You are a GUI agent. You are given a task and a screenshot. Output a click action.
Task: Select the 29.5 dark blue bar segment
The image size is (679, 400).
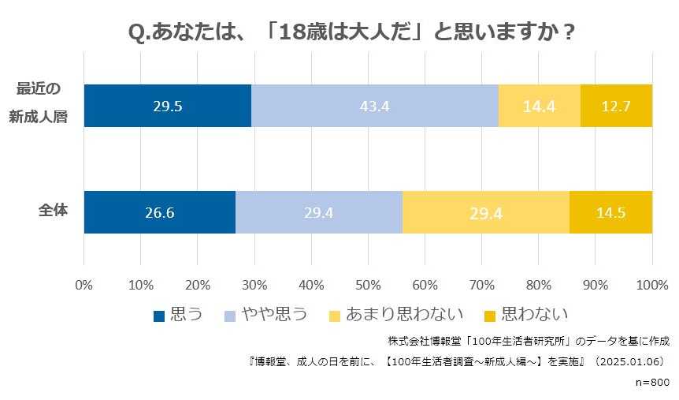(x=168, y=106)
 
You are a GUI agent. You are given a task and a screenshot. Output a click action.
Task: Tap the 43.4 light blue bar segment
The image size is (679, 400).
(x=375, y=106)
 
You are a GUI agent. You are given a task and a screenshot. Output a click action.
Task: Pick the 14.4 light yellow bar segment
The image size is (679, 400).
(x=540, y=106)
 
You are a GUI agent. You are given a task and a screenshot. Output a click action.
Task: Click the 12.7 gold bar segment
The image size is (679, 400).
(x=616, y=106)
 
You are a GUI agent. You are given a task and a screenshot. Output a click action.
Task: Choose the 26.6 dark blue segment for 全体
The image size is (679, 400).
(x=160, y=212)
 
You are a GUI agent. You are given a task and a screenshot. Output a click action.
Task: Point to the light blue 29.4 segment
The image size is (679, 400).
(x=319, y=212)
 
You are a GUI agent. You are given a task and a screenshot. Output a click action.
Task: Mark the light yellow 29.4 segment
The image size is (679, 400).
(x=486, y=212)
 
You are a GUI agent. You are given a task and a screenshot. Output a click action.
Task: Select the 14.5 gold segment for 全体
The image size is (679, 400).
(x=610, y=212)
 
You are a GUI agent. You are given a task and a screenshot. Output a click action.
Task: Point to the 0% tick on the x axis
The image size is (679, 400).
(x=83, y=284)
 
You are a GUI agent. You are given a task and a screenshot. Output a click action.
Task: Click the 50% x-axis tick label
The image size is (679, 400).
(x=368, y=284)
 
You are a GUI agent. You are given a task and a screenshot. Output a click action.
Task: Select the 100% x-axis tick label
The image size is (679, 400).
(x=651, y=284)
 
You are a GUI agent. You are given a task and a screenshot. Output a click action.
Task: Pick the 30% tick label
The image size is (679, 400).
(x=254, y=284)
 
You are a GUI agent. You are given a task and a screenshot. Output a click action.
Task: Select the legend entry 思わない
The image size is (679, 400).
(x=526, y=315)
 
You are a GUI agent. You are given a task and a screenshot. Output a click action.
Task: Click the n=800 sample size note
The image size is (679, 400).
(x=651, y=381)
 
